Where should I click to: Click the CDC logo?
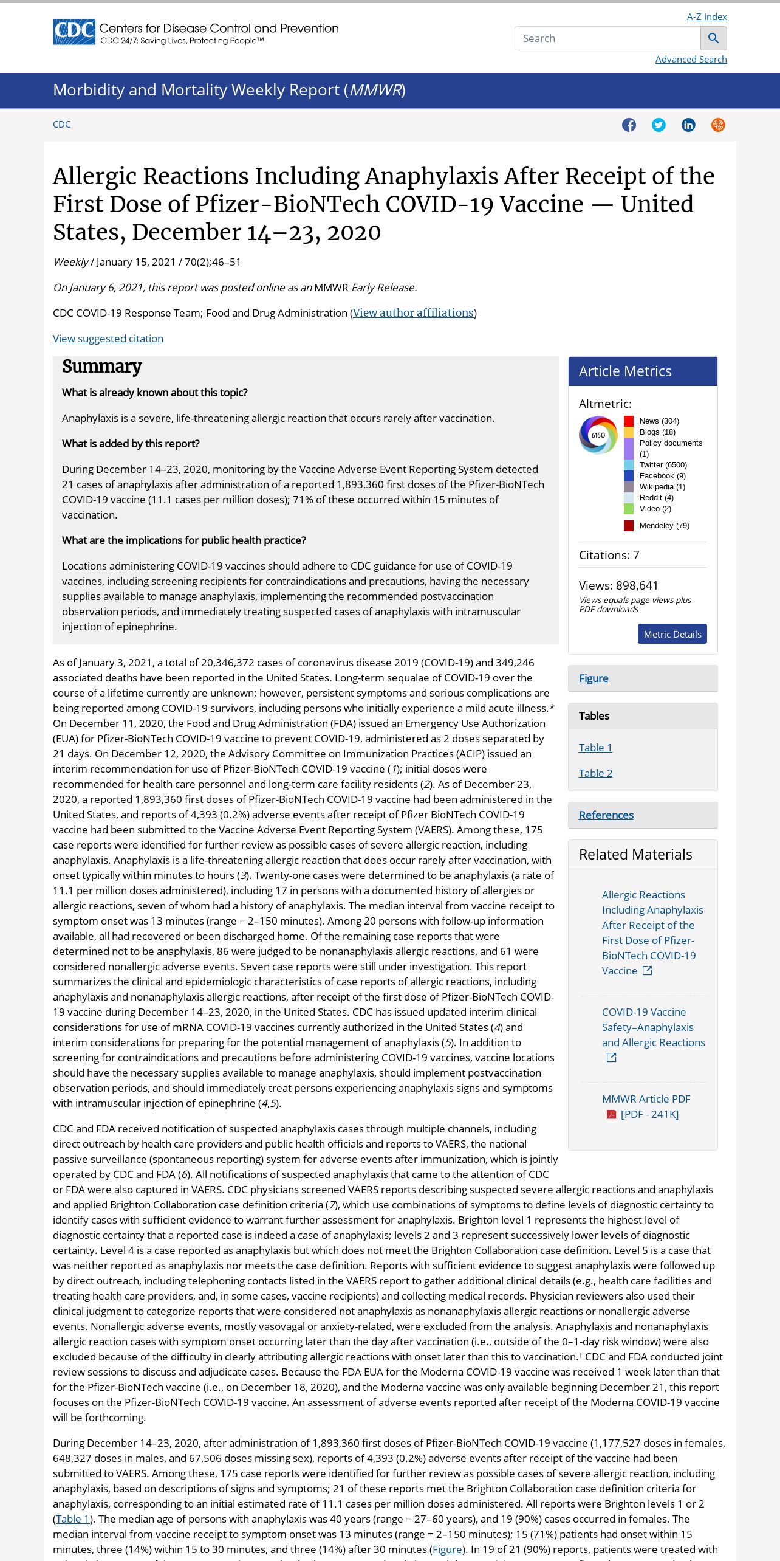(x=74, y=32)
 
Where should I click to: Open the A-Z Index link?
(x=706, y=17)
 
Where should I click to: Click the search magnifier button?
(x=713, y=38)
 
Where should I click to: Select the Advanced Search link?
(x=691, y=60)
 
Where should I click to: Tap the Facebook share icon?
(x=629, y=125)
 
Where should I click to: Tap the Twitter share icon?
(x=659, y=125)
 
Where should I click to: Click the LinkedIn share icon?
(x=688, y=125)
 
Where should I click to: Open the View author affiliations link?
(x=413, y=313)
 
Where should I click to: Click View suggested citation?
(x=108, y=339)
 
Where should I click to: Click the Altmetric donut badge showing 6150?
(x=598, y=435)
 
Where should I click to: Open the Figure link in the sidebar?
(x=594, y=678)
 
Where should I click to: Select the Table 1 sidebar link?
(x=595, y=748)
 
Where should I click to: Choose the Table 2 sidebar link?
(x=595, y=773)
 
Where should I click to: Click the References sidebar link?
(x=606, y=815)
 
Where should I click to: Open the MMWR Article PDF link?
(x=646, y=1099)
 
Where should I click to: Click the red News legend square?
(x=629, y=421)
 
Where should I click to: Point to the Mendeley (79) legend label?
(x=664, y=526)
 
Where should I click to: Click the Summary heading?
(x=101, y=367)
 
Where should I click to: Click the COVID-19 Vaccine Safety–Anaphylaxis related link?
(x=653, y=1027)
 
